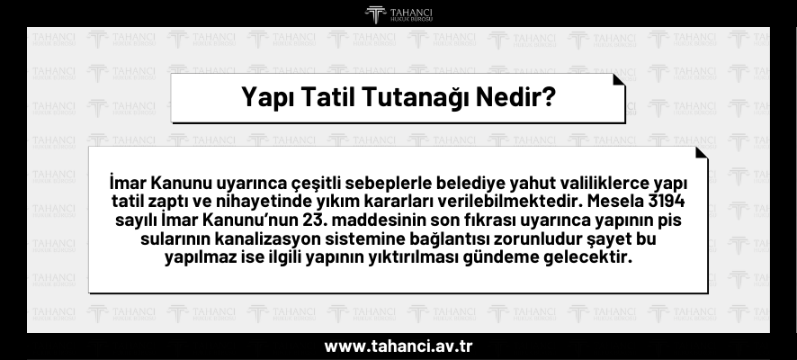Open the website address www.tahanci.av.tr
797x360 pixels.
point(398,346)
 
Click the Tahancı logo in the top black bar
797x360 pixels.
point(398,13)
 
